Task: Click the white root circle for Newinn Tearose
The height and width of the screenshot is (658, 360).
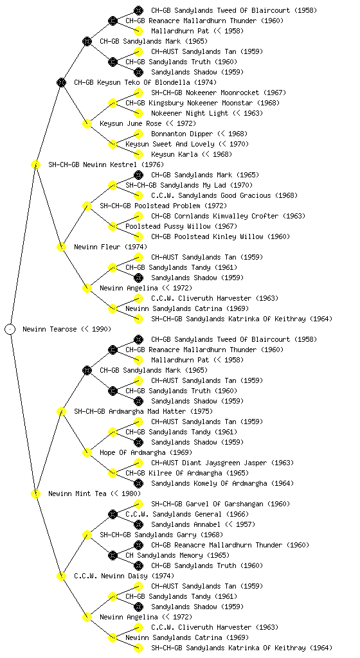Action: pos(10,329)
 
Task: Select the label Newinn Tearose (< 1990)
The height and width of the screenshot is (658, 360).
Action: pos(67,329)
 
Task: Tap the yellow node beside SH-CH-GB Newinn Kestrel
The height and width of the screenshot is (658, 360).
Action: pos(35,164)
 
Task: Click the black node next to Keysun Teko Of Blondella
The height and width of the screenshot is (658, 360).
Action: pos(61,82)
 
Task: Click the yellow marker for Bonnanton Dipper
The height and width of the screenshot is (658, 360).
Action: pos(138,134)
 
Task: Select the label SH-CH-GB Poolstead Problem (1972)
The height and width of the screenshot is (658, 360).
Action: pos(163,206)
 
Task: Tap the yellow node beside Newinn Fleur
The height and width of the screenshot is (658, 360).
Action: pos(61,247)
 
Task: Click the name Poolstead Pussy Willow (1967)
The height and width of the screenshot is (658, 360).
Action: pos(181,226)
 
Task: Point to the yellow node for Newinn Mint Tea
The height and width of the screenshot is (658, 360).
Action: pos(35,493)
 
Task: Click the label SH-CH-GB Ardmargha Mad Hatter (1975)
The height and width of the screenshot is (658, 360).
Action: pos(143,411)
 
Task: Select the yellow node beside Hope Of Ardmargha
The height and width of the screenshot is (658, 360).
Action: pos(87,452)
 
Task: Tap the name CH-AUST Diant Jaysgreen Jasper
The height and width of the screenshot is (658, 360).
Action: pos(209,463)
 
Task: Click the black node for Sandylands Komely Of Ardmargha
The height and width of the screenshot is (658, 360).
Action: pos(138,483)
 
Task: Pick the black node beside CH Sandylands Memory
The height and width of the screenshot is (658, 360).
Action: pos(113,555)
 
